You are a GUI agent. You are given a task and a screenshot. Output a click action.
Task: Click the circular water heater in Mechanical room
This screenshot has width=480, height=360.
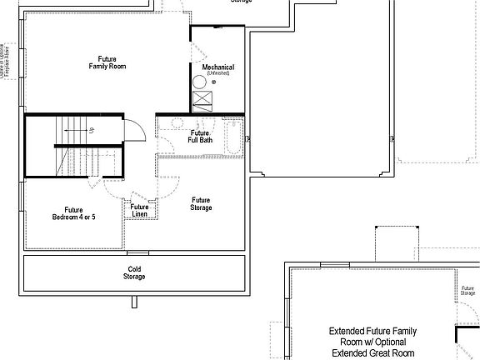(199, 82)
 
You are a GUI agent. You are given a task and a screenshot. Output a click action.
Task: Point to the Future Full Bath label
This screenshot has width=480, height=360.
(200, 137)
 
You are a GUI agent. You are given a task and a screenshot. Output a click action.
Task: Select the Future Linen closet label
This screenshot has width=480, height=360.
(140, 211)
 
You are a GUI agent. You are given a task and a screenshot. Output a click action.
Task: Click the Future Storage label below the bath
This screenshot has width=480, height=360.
(201, 203)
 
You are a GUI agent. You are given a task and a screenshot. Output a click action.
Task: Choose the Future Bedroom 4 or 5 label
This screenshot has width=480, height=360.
(73, 213)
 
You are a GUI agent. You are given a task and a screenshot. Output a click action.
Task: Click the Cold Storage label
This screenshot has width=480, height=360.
(134, 272)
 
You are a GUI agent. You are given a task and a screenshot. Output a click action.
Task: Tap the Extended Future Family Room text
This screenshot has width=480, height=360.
(372, 341)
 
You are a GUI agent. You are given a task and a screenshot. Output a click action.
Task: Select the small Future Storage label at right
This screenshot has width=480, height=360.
(468, 291)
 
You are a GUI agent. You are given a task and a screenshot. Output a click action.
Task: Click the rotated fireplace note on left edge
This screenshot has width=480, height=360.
(6, 59)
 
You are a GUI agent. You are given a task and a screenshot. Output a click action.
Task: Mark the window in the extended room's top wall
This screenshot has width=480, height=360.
(334, 265)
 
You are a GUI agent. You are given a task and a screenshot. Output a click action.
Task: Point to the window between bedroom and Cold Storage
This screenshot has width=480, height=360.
(138, 252)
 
